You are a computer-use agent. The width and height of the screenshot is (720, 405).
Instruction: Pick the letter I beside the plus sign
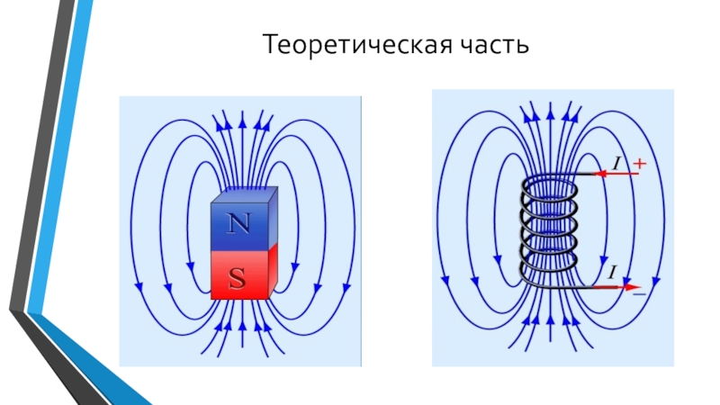coord(618,163)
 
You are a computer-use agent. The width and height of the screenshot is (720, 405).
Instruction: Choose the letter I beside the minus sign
coord(612,273)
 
